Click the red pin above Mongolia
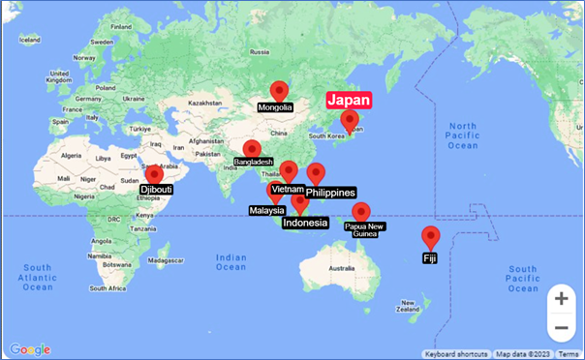[x=279, y=91]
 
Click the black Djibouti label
[x=156, y=190]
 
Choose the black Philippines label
[x=330, y=194]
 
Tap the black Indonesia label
[x=305, y=224]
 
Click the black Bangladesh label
[x=253, y=163]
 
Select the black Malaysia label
[x=266, y=210]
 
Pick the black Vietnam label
[x=288, y=189]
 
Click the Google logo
[x=29, y=349]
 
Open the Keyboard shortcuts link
[x=455, y=354]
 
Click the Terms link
[x=568, y=354]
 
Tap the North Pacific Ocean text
[x=463, y=136]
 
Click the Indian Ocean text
[x=231, y=262]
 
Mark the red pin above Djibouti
[x=153, y=175]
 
